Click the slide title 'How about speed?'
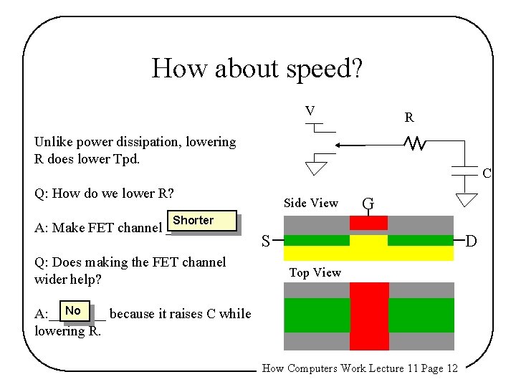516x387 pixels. coord(257,69)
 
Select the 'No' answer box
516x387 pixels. coord(72,311)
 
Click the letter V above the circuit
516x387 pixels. coord(310,111)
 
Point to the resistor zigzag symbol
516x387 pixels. coord(416,145)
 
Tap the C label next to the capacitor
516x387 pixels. coord(487,173)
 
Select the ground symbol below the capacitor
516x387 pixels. coord(467,199)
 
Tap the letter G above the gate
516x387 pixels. coord(368,203)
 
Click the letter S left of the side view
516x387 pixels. coord(265,242)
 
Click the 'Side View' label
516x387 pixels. coord(310,203)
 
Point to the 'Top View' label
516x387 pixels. coord(315,272)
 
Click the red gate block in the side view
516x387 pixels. coord(368,223)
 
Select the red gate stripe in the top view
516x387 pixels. coord(369,315)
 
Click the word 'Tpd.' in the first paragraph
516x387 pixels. coord(125,158)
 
